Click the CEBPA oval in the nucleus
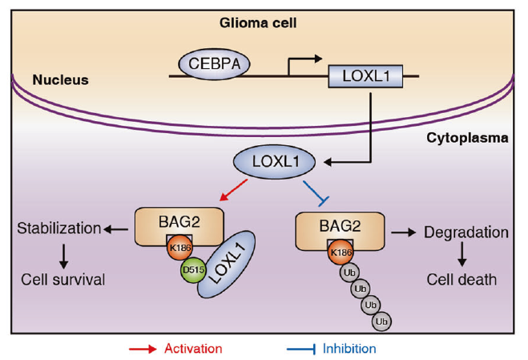click(x=214, y=64)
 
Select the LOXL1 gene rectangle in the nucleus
click(x=365, y=76)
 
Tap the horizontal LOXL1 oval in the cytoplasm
click(x=275, y=162)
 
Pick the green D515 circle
click(x=193, y=269)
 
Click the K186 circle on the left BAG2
click(x=179, y=248)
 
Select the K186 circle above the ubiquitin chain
click(x=341, y=253)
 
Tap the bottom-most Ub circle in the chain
click(x=381, y=322)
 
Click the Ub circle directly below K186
click(x=349, y=273)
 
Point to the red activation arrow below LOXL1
click(x=233, y=190)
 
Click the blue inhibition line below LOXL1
click(x=316, y=193)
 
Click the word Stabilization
click(x=59, y=229)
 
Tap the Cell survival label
click(x=63, y=280)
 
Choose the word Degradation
click(x=466, y=233)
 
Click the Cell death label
click(x=461, y=280)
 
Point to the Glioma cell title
click(x=258, y=23)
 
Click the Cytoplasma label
click(x=467, y=138)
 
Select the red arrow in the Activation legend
click(x=143, y=349)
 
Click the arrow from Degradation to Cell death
click(x=462, y=254)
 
